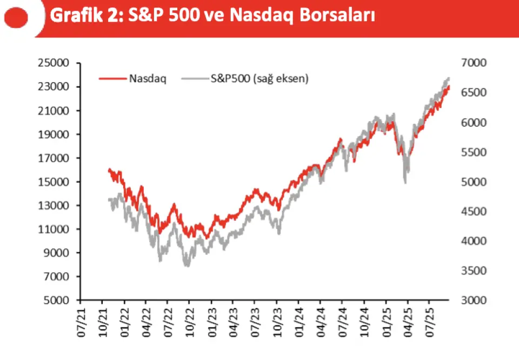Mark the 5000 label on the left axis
57,301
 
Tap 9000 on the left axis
57,253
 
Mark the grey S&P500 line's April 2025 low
405,182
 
